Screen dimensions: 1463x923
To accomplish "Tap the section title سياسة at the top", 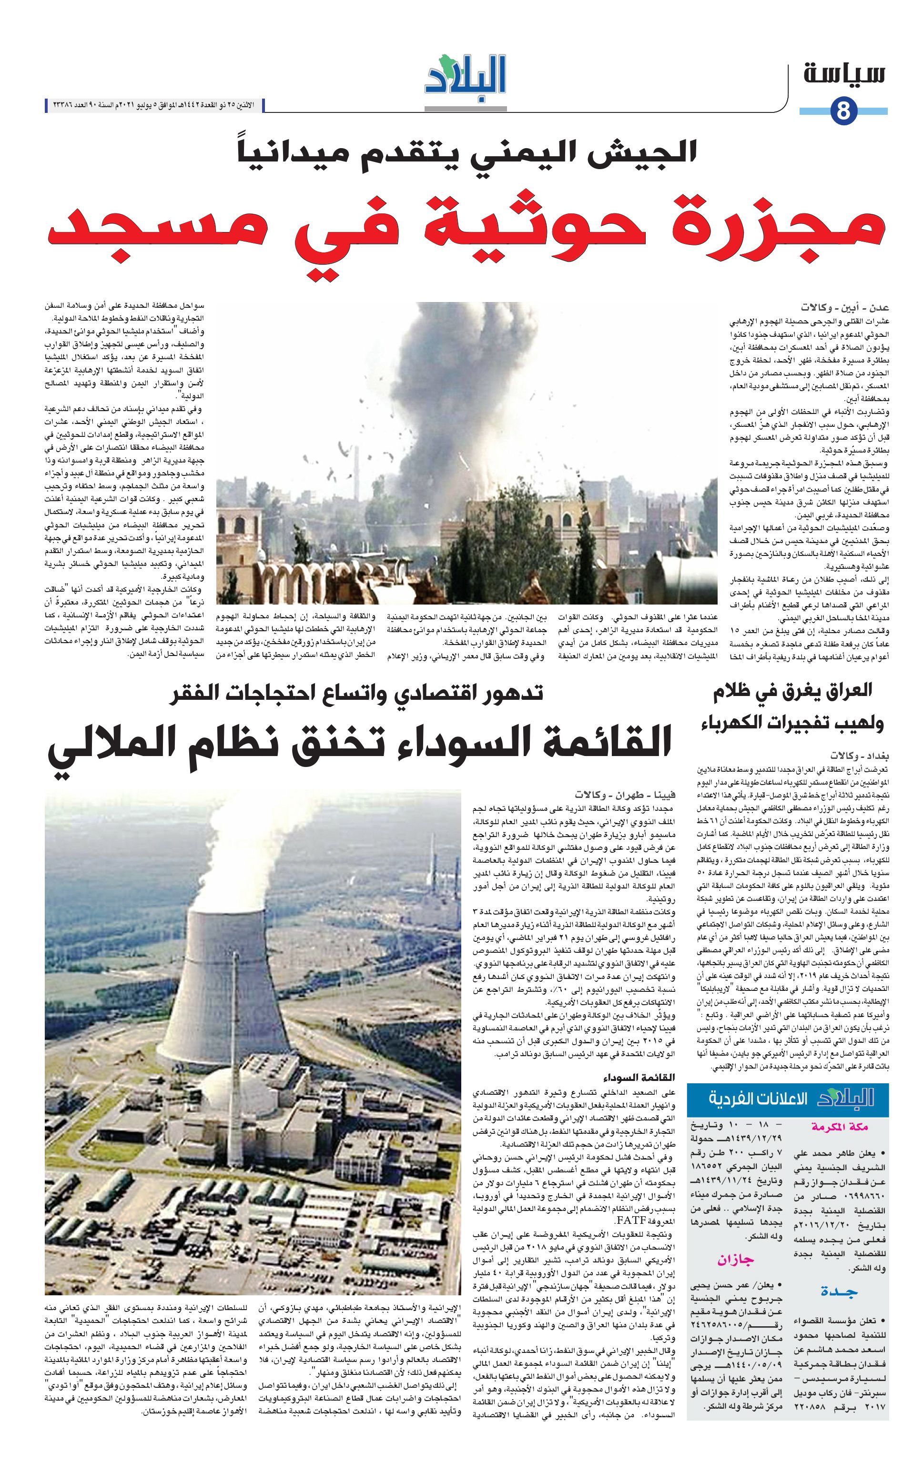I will coord(845,74).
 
